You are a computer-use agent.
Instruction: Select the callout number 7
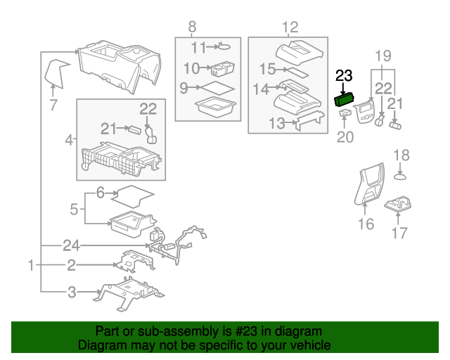[53, 106]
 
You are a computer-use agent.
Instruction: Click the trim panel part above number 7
[58, 72]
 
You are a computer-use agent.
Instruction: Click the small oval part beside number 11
[224, 46]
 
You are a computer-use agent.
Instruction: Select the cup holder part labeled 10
[222, 69]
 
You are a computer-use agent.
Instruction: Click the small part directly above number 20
[345, 112]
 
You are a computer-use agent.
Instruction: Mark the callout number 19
[382, 56]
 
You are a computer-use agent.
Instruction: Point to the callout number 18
[400, 155]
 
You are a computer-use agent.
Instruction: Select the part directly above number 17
[398, 205]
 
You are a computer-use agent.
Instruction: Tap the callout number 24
[70, 245]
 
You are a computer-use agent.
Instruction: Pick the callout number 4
[69, 140]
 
